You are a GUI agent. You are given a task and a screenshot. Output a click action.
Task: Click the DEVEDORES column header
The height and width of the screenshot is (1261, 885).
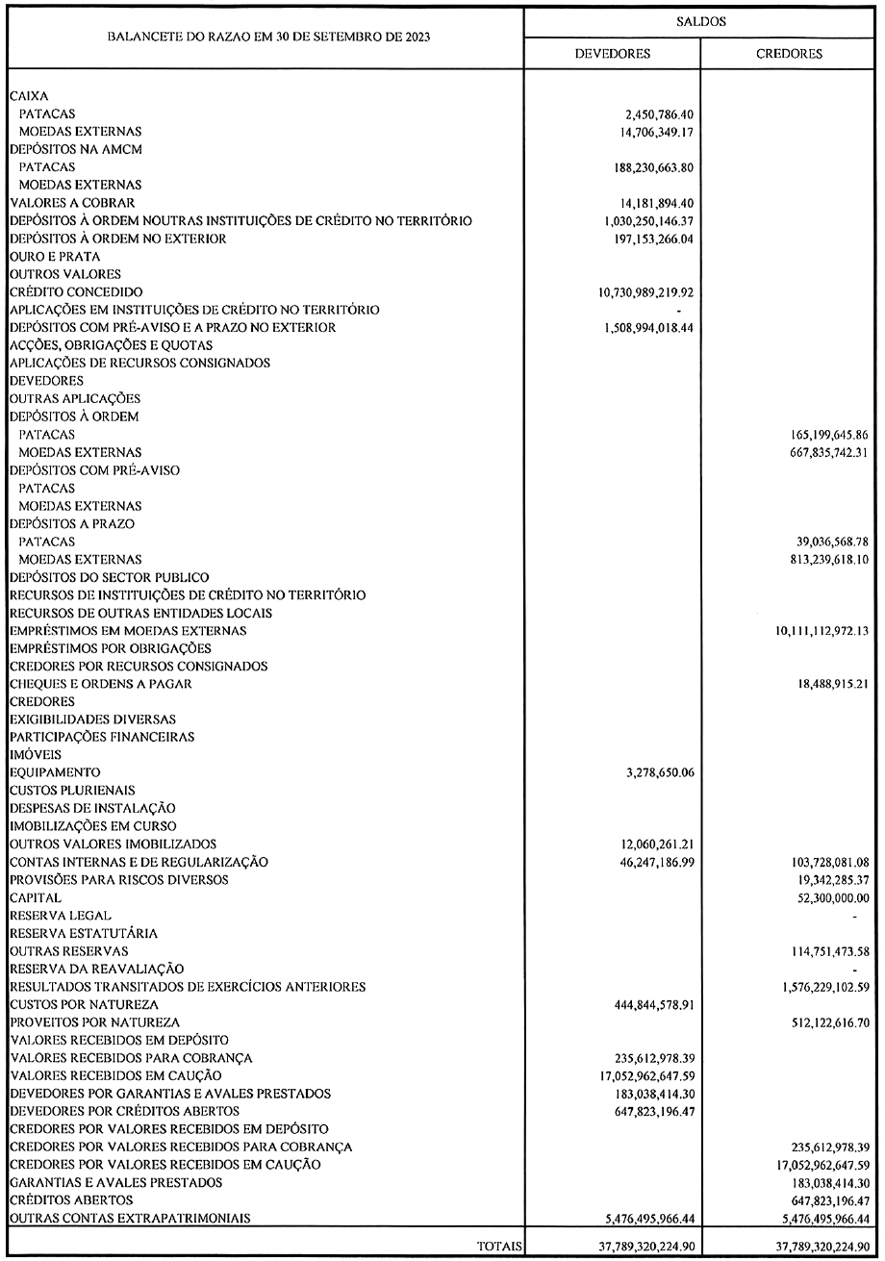(x=612, y=54)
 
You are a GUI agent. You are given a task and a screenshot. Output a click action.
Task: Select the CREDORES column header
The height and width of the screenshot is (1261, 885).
(x=789, y=54)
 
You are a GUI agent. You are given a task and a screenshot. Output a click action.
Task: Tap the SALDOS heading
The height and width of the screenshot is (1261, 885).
(x=701, y=19)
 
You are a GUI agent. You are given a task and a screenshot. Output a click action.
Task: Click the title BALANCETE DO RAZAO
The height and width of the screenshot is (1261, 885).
(x=268, y=37)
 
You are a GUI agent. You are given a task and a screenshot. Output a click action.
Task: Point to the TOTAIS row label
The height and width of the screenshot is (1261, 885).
(x=499, y=1246)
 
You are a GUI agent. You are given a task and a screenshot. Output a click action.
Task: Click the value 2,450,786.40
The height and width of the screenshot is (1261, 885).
(x=652, y=113)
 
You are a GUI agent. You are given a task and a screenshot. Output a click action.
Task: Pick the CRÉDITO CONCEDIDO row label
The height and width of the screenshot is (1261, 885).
(x=76, y=291)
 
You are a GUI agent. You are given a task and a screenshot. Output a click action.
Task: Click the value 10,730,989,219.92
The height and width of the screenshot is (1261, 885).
(x=639, y=291)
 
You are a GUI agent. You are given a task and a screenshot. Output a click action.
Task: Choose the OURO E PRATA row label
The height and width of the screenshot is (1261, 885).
(x=50, y=256)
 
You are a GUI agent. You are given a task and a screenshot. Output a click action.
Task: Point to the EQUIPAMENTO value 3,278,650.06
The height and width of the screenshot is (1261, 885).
(x=652, y=772)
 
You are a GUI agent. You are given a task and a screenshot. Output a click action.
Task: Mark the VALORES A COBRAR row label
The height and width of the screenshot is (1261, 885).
(x=72, y=203)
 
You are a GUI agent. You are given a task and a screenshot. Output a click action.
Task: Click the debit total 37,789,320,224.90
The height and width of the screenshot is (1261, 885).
(x=638, y=1246)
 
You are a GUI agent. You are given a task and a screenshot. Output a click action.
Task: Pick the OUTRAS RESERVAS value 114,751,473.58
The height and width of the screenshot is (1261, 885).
(x=821, y=951)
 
